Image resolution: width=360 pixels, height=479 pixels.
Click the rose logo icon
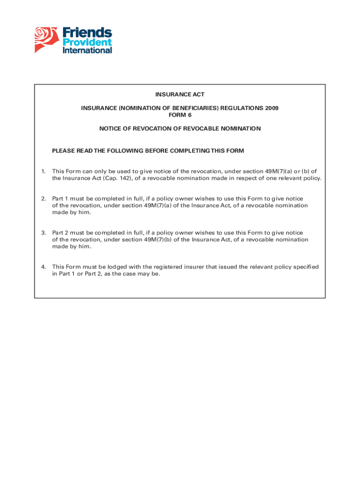[x=47, y=39]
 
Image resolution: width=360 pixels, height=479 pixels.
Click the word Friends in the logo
[x=87, y=33]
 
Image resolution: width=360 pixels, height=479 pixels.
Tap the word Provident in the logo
[x=87, y=43]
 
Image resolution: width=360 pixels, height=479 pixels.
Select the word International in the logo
[x=87, y=50]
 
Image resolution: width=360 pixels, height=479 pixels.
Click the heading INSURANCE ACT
[x=180, y=95]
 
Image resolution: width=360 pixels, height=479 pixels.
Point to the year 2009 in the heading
[x=271, y=108]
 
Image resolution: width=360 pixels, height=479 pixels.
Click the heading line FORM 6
[x=180, y=115]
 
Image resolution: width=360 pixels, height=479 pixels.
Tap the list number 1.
[x=43, y=172]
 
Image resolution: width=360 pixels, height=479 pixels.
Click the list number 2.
[x=43, y=199]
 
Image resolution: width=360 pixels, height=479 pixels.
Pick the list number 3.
[x=43, y=233]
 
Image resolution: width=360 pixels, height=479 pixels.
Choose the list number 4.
[x=43, y=267]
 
